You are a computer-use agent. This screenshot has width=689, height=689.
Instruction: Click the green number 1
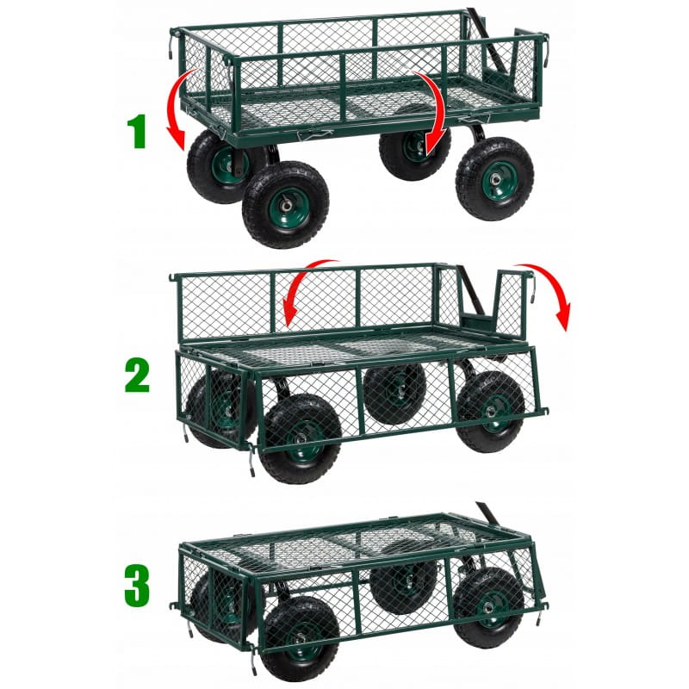click(137, 131)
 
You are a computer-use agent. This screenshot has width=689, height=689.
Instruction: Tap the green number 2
click(137, 376)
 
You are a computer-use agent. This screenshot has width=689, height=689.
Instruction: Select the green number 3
click(137, 585)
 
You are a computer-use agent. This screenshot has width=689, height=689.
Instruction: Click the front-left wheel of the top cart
click(286, 205)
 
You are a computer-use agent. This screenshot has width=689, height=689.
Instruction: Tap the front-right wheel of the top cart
click(494, 179)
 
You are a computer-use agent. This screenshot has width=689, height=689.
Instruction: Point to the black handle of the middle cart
click(471, 290)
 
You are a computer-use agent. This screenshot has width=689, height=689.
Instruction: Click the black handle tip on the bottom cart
click(484, 512)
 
